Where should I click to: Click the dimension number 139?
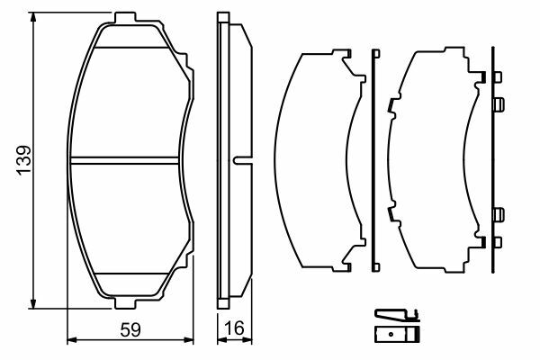pyautogui.click(x=24, y=160)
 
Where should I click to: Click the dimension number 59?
pyautogui.click(x=130, y=330)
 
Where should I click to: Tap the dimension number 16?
pyautogui.click(x=234, y=328)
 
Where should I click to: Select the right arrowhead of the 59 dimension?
pyautogui.click(x=187, y=340)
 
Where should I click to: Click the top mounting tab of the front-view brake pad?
pyautogui.click(x=125, y=18)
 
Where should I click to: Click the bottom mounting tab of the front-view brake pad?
pyautogui.click(x=125, y=303)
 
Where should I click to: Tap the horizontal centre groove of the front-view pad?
pyautogui.click(x=124, y=160)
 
